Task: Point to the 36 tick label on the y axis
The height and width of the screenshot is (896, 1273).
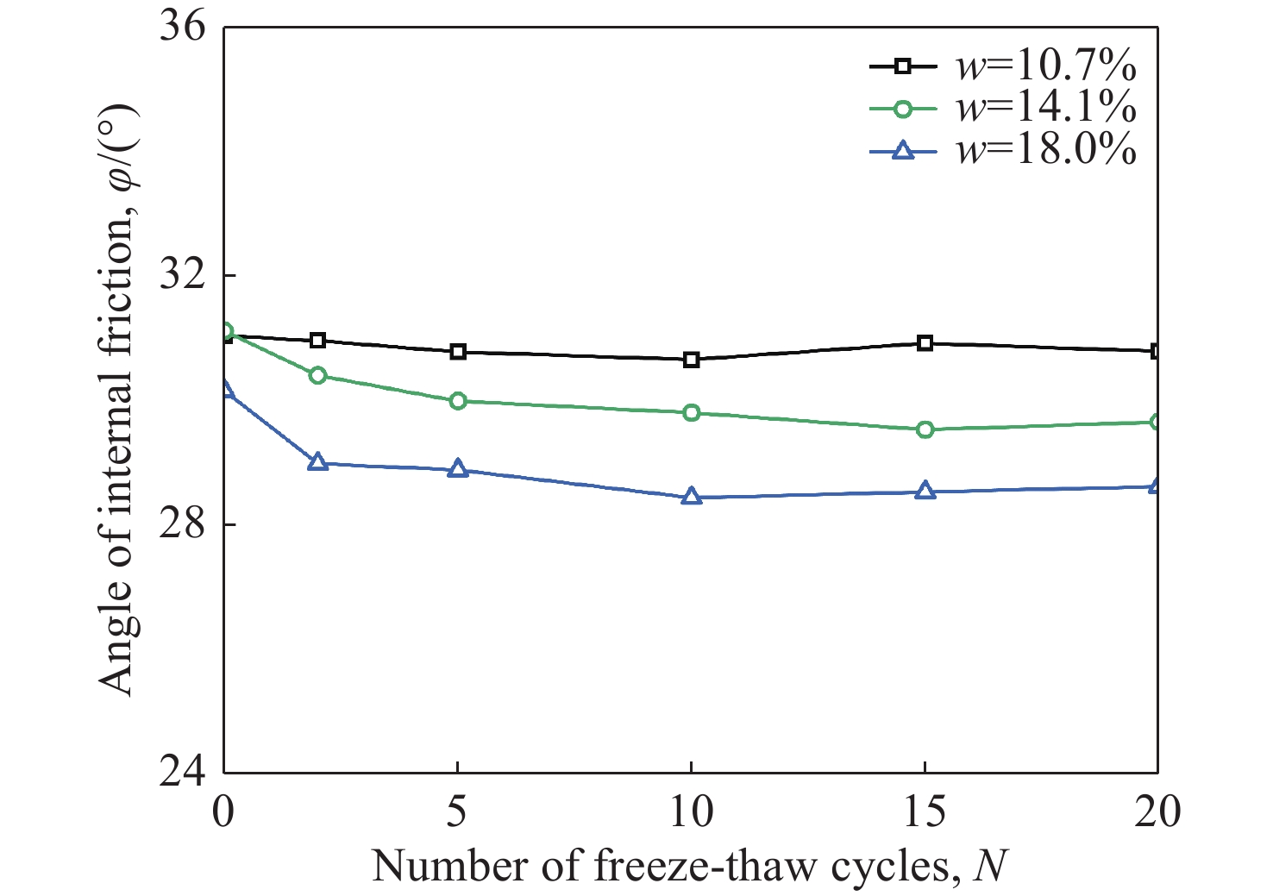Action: pyautogui.click(x=183, y=28)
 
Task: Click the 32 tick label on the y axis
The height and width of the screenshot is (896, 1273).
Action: pyautogui.click(x=183, y=276)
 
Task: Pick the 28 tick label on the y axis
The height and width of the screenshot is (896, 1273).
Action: pyautogui.click(x=183, y=524)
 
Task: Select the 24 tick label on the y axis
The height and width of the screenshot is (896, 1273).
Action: pyautogui.click(x=183, y=771)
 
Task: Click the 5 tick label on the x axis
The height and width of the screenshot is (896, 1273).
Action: pyautogui.click(x=457, y=812)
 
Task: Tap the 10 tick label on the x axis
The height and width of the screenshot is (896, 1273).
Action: pyautogui.click(x=691, y=812)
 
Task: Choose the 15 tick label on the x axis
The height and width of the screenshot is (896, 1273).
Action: pyautogui.click(x=925, y=812)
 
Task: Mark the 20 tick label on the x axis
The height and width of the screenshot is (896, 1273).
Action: pyautogui.click(x=1157, y=812)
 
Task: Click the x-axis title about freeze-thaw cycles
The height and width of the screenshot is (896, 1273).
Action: pyautogui.click(x=690, y=866)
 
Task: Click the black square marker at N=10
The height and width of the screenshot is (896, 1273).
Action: pyautogui.click(x=691, y=360)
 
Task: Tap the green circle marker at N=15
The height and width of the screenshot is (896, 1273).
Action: pyautogui.click(x=925, y=429)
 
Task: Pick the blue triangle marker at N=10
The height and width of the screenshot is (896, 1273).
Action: pyautogui.click(x=691, y=497)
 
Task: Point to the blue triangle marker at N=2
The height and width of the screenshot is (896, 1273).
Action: pyautogui.click(x=317, y=463)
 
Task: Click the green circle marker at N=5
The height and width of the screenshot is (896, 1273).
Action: pyautogui.click(x=458, y=401)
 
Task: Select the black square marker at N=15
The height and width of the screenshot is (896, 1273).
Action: pyautogui.click(x=925, y=343)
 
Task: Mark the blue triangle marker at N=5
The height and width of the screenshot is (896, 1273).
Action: pyautogui.click(x=458, y=470)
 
